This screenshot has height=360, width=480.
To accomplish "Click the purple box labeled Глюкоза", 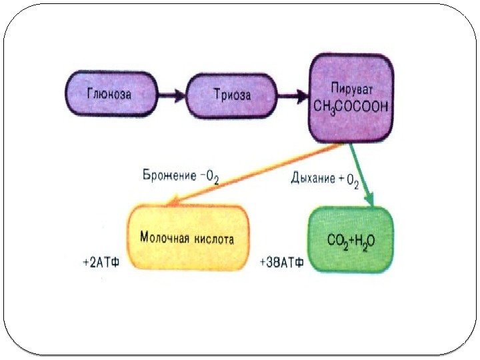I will point(109,95).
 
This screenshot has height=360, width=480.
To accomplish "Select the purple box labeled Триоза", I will point(231,95).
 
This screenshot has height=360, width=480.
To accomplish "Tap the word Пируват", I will point(351,88).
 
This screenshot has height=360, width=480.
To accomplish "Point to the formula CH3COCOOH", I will point(351,107).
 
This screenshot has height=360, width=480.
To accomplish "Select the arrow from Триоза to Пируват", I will point(292,96).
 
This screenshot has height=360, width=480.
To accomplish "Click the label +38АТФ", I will point(281,263).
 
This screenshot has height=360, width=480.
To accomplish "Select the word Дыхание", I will point(312,178).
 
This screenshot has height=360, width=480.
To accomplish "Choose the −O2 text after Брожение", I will point(210,177).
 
